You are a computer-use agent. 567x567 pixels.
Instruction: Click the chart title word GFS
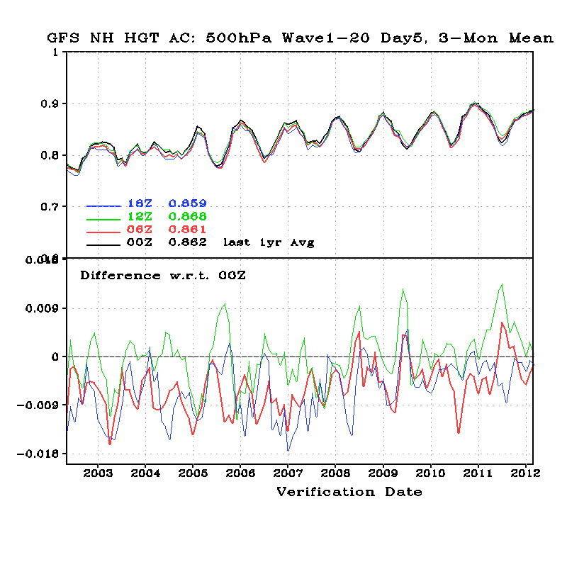64,38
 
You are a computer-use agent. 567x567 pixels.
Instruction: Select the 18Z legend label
139,204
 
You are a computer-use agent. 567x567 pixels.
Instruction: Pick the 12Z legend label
139,217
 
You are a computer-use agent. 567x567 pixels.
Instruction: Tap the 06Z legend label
139,230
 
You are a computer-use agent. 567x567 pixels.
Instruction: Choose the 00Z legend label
139,242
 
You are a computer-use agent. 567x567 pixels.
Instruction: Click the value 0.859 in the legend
187,204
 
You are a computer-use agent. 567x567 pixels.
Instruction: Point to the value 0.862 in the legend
187,242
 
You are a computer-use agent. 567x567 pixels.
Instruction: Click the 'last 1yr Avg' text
269,242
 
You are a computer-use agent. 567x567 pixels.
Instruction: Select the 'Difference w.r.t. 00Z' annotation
162,275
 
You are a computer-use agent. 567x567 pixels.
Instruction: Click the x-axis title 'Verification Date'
349,492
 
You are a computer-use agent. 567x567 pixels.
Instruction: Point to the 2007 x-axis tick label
288,473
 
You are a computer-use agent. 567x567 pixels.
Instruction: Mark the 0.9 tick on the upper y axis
49,104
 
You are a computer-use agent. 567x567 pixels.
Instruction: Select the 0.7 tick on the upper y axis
49,207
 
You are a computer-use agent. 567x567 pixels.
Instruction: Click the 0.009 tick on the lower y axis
44,308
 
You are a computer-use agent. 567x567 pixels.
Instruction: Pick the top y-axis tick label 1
55,52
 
